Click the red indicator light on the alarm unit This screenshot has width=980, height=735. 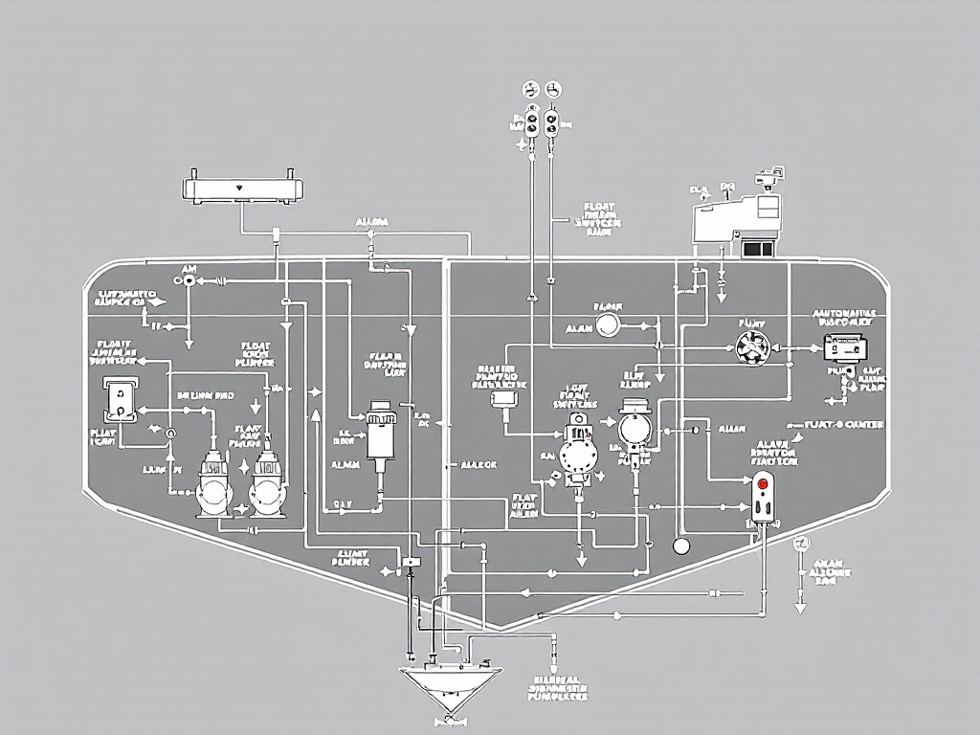point(763,483)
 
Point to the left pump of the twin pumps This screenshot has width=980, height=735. point(212,482)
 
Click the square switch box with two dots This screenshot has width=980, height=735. point(121,399)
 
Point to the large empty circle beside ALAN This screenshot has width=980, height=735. point(608,327)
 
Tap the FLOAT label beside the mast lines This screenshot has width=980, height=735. point(599,207)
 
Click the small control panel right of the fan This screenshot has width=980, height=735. point(848,346)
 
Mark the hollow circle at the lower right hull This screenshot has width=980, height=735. point(681,546)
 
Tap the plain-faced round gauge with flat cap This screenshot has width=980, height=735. point(634,424)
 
